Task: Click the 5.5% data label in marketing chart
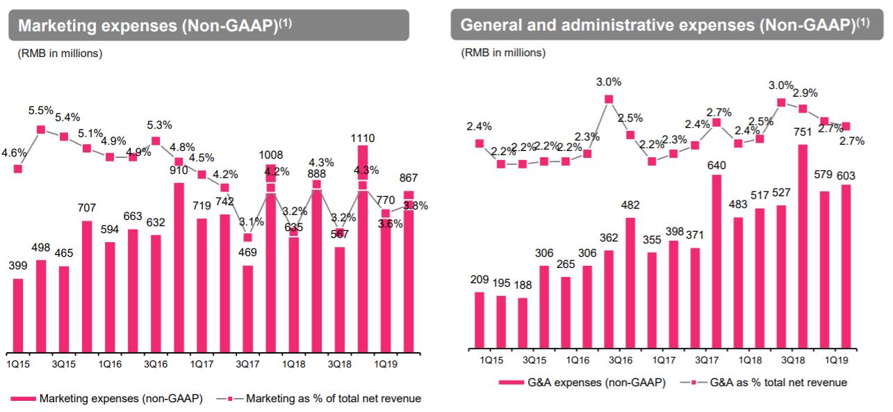pyautogui.click(x=41, y=110)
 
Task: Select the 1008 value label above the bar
pyautogui.click(x=270, y=156)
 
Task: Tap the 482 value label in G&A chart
pyautogui.click(x=630, y=205)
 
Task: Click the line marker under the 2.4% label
pyautogui.click(x=479, y=143)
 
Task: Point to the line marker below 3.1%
pyautogui.click(x=247, y=237)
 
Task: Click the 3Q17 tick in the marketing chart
pyautogui.click(x=248, y=364)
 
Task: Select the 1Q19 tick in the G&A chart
pyautogui.click(x=835, y=360)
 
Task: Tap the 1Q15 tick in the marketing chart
pyautogui.click(x=18, y=364)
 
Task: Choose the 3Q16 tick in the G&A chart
pyautogui.click(x=620, y=360)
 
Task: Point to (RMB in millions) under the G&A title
pyautogui.click(x=503, y=53)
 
